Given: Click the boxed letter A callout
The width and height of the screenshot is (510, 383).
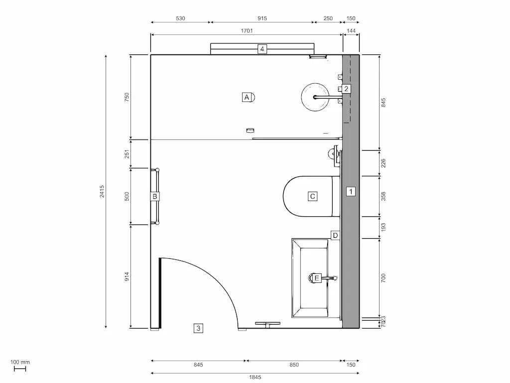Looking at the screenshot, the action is [x=246, y=97].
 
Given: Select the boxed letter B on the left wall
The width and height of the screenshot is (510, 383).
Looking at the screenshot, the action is [x=155, y=196].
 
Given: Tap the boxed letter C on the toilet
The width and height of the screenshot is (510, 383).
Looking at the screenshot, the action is [x=312, y=196].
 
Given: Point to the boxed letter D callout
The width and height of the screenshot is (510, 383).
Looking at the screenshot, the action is [x=335, y=235].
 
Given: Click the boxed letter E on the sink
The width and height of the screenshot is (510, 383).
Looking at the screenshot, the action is [x=315, y=278].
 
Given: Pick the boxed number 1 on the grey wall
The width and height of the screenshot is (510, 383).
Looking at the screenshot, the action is [x=351, y=191].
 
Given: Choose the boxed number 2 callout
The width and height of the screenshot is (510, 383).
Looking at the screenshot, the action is [x=346, y=89].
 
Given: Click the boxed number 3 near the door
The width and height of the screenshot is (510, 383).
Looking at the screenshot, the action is [x=198, y=328].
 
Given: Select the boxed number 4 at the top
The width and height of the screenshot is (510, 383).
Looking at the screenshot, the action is [x=262, y=49].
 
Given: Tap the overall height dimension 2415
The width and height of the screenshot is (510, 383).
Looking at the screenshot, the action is [x=102, y=191].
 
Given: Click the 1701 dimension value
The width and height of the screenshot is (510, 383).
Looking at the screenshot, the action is [x=247, y=31].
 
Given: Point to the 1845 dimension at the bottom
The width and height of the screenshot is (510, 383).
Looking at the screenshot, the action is [x=255, y=377].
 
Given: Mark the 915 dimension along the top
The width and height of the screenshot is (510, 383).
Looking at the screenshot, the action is [x=262, y=18].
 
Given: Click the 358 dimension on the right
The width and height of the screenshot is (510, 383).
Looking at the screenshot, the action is [x=383, y=196].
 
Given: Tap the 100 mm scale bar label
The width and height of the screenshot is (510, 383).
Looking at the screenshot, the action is [x=20, y=362].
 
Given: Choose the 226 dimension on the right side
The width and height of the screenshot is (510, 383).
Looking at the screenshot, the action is [x=383, y=163].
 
